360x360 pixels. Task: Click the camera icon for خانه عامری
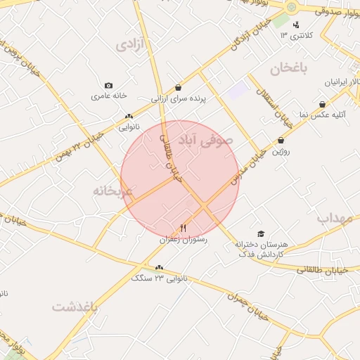click(x=108, y=85)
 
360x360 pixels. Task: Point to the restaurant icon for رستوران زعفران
click(x=184, y=228)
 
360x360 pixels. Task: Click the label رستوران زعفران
click(x=184, y=240)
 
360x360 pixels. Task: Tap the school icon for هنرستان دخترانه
click(x=261, y=233)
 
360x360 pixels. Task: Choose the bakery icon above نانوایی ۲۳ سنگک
click(x=160, y=267)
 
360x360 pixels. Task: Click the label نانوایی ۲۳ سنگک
click(x=160, y=278)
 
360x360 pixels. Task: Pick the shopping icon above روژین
click(x=281, y=140)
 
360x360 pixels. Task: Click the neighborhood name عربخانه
click(x=112, y=191)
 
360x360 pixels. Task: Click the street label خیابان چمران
click(x=245, y=307)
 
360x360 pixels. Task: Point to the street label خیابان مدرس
click(x=251, y=162)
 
